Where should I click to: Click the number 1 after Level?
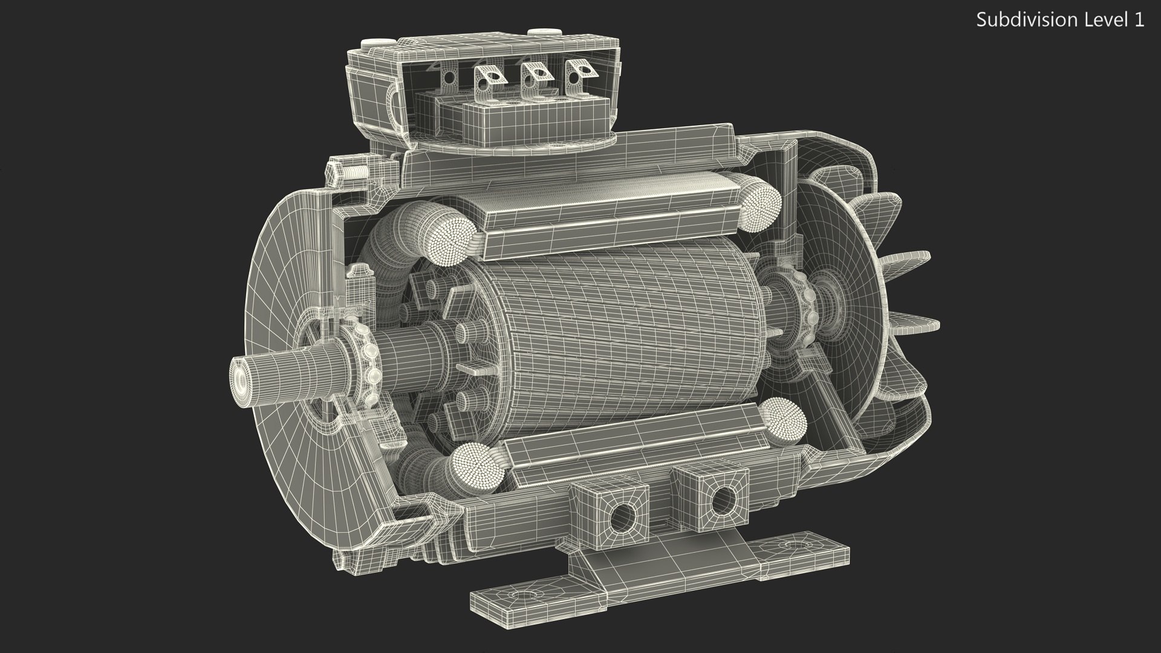(1139, 20)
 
